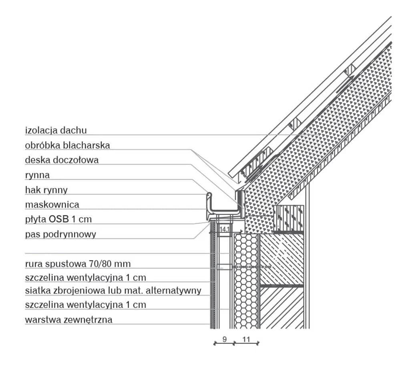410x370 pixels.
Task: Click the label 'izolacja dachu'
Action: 56,130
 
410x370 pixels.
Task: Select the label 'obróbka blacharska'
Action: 67,145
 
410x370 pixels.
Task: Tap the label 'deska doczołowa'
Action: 62,160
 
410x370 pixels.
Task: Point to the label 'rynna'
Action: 37,175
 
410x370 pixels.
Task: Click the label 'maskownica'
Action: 52,204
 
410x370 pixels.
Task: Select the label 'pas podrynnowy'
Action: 60,235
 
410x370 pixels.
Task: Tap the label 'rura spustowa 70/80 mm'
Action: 78,264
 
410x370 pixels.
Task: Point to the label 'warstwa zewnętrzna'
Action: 68,320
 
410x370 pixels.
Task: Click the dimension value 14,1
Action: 225,229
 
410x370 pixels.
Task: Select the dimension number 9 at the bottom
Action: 225,339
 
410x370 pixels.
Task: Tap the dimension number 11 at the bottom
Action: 246,339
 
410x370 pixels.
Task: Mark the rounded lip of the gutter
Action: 209,195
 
